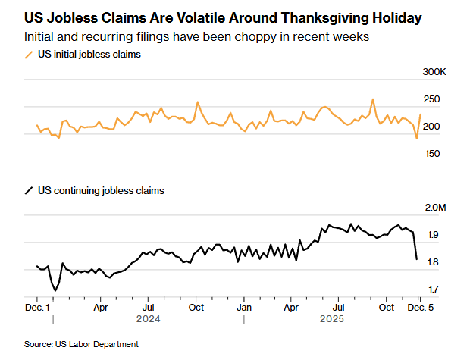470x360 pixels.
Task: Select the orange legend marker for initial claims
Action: click(x=30, y=55)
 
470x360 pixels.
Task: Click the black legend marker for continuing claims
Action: click(x=30, y=191)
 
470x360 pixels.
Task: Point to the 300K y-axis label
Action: click(x=434, y=72)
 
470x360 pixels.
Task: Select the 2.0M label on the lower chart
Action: click(x=434, y=208)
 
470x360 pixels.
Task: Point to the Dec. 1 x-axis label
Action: click(x=37, y=308)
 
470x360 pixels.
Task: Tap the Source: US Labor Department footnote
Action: click(x=81, y=345)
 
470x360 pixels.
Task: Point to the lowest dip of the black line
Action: click(x=55, y=290)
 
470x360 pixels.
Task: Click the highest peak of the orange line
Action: click(x=373, y=99)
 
